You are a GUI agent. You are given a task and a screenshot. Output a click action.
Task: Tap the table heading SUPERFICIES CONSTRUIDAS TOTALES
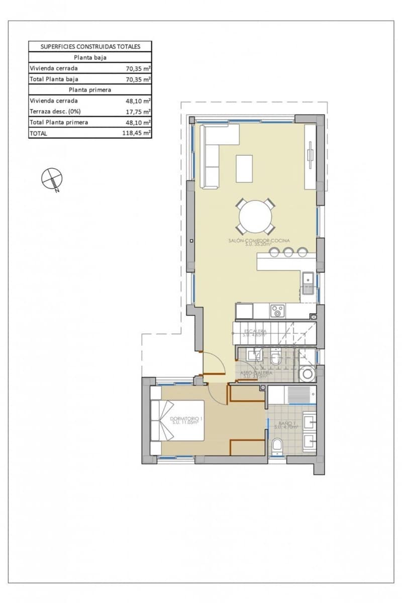[90, 46]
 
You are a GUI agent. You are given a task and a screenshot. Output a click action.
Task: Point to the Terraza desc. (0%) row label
[55, 112]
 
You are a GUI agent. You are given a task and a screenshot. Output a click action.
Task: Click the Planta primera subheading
[90, 90]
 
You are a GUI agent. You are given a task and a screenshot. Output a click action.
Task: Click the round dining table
[255, 217]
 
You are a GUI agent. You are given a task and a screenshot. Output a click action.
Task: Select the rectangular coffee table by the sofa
[245, 168]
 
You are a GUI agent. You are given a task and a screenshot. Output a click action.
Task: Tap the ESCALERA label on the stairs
[255, 331]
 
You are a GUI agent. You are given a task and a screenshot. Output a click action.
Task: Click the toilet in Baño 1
[276, 447]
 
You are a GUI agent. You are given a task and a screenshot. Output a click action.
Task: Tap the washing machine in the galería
[306, 373]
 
